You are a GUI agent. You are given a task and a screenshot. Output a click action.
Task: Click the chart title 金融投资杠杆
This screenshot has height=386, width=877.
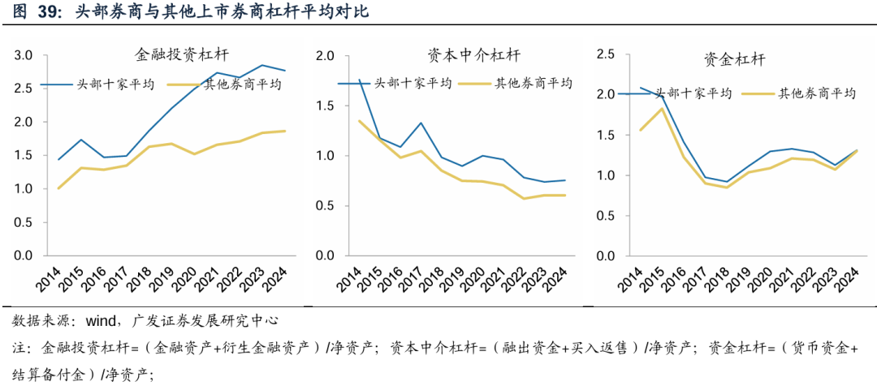point(182,56)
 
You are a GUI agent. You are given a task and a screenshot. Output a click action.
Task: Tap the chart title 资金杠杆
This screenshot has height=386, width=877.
point(734,59)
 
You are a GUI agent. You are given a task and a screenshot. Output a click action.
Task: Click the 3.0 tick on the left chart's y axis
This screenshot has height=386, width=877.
point(23,55)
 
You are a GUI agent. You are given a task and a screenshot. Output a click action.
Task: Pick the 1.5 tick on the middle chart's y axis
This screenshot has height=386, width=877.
point(325,106)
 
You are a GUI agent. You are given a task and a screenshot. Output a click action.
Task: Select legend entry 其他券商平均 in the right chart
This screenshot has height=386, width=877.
point(817,93)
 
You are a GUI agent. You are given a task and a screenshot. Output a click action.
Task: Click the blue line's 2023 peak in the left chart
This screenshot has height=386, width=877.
point(261,65)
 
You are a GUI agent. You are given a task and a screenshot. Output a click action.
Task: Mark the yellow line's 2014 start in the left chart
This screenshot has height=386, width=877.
point(58,189)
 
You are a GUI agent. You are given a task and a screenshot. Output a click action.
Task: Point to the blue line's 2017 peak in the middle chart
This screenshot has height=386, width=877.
point(421,123)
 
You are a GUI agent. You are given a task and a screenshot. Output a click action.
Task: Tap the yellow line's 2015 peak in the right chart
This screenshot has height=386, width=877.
point(663,109)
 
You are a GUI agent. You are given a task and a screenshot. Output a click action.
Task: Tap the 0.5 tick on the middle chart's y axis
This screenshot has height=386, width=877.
point(325,206)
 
